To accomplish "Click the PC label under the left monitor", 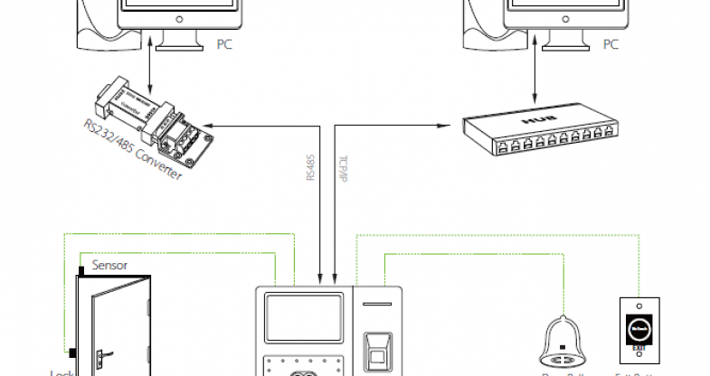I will pos(224,43).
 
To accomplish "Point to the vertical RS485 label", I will pos(311,169).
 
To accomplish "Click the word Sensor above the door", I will pos(109,266).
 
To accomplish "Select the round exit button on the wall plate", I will pos(640,328).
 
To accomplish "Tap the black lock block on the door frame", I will pos(70,351).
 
